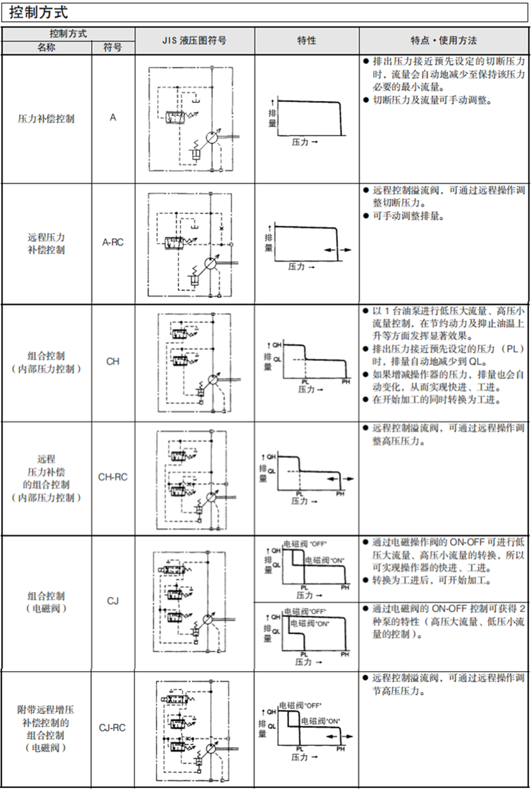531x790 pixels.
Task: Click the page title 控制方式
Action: pos(39,12)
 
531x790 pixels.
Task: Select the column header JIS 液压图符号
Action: pos(194,40)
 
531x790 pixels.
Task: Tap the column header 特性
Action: pos(306,40)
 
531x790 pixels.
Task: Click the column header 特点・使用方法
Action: pos(444,40)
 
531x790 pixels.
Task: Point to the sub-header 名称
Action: pos(46,47)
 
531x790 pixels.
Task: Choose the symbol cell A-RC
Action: pos(113,243)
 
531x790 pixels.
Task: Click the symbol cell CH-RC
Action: pos(113,477)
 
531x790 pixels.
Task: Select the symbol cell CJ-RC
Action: pos(113,728)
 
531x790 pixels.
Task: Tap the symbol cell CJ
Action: pos(113,601)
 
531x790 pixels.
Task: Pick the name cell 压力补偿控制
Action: pos(46,118)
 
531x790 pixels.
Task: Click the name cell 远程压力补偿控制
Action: pos(46,243)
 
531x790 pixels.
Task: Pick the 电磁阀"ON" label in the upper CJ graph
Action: pos(324,560)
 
